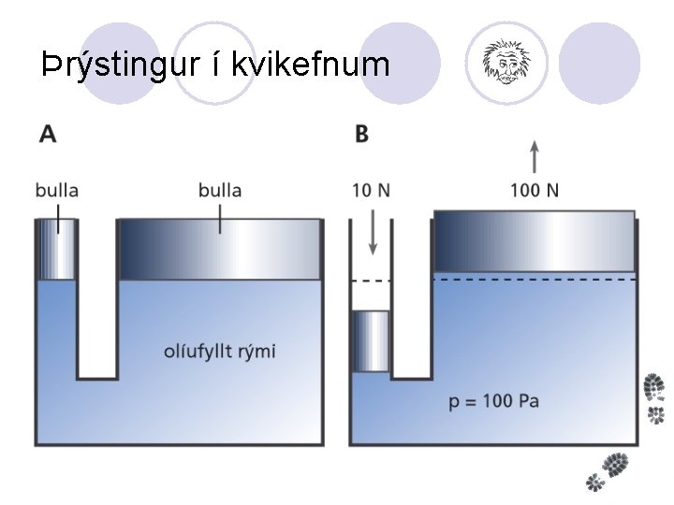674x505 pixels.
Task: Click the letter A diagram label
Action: click(x=47, y=133)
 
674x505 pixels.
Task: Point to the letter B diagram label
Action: click(x=361, y=133)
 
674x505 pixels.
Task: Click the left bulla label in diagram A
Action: click(x=56, y=190)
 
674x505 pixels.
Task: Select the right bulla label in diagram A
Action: click(x=220, y=190)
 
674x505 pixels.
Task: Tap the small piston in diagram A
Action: click(x=56, y=249)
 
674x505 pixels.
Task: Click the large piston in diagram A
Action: click(x=220, y=249)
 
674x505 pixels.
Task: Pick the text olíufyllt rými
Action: click(x=220, y=352)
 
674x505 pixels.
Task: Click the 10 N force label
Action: click(x=372, y=190)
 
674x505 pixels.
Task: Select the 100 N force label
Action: click(x=535, y=190)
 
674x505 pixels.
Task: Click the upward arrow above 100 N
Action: click(x=535, y=155)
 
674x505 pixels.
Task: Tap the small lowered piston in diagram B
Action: click(x=371, y=341)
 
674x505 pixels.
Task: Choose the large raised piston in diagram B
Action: click(x=535, y=241)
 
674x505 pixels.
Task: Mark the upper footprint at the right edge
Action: click(x=655, y=397)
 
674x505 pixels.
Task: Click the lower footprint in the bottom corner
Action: click(x=609, y=468)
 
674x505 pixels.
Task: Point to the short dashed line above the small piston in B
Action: click(x=371, y=281)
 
